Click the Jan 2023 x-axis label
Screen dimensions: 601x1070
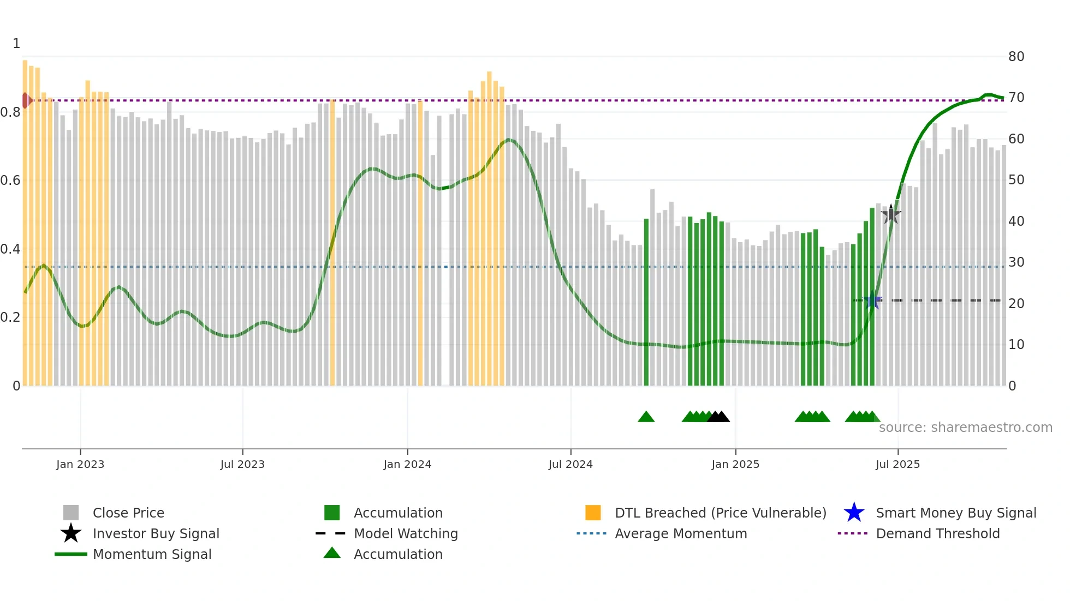[x=80, y=464]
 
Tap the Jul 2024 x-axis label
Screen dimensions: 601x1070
[x=570, y=464]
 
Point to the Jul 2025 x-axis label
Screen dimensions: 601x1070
[x=897, y=464]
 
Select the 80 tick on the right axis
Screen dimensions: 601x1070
[x=1016, y=57]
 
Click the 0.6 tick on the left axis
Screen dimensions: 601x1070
[x=10, y=181]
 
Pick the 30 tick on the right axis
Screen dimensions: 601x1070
[x=1016, y=262]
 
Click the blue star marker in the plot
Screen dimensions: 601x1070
[x=872, y=300]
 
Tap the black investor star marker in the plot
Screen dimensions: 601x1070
[x=891, y=215]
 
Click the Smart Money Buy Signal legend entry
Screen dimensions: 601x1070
[x=955, y=513]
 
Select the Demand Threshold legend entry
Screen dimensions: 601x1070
[x=937, y=533]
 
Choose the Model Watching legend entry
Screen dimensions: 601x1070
[x=405, y=533]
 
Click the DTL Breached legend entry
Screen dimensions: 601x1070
[x=720, y=513]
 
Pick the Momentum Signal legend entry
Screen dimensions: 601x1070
[x=152, y=554]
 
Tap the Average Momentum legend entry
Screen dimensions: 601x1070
[x=680, y=533]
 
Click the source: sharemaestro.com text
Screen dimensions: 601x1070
[x=965, y=428]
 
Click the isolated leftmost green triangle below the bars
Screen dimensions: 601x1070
[x=646, y=417]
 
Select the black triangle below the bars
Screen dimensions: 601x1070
[x=718, y=417]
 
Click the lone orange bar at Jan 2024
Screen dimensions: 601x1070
[x=420, y=243]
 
